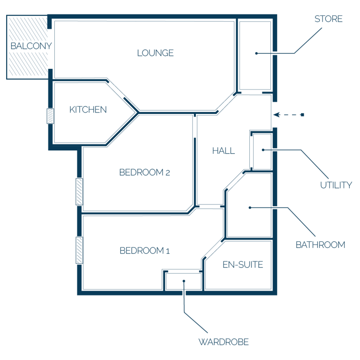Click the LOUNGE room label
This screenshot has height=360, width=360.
click(x=156, y=53)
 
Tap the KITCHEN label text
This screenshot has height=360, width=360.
click(x=88, y=110)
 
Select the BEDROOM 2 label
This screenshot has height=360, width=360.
click(x=145, y=172)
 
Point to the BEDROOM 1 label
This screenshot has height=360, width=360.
click(x=145, y=251)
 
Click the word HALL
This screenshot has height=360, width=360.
click(x=224, y=151)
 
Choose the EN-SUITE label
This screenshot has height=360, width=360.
click(x=243, y=265)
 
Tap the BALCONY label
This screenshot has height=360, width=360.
click(x=31, y=46)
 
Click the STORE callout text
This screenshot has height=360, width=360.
click(x=329, y=19)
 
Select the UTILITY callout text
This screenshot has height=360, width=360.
click(x=336, y=185)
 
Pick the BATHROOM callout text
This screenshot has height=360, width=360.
click(x=321, y=245)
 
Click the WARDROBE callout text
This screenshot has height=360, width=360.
click(x=224, y=342)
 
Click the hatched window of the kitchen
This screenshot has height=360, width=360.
click(x=50, y=116)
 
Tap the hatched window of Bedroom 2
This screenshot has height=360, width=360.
click(x=79, y=192)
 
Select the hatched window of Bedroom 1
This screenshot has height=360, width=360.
click(x=79, y=250)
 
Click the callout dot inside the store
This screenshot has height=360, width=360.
click(x=256, y=53)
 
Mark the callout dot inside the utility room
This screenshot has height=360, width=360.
click(x=263, y=150)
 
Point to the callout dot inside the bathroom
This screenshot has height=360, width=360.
click(x=250, y=208)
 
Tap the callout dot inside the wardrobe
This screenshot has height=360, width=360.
click(x=184, y=281)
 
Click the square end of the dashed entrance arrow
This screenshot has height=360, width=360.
click(x=303, y=115)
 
